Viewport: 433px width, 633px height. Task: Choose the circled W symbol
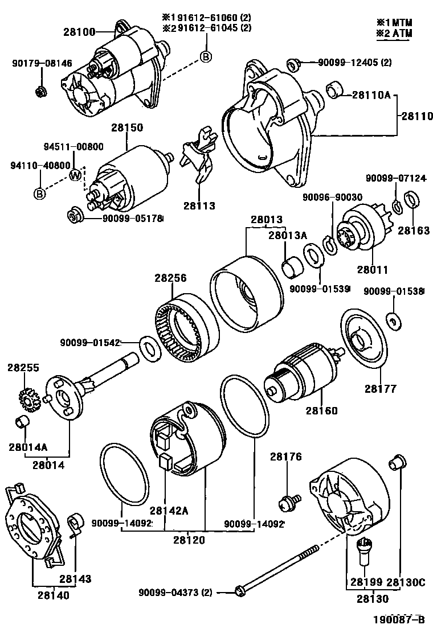[75, 175]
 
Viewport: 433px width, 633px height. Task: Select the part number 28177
[380, 389]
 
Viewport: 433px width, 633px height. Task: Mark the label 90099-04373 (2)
[175, 593]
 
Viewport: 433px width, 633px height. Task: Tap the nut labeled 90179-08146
[42, 91]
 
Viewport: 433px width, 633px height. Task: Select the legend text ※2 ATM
[394, 33]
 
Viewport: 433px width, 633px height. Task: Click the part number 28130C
[406, 582]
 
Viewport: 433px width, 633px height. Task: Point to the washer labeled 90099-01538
[393, 321]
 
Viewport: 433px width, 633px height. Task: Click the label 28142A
[169, 511]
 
